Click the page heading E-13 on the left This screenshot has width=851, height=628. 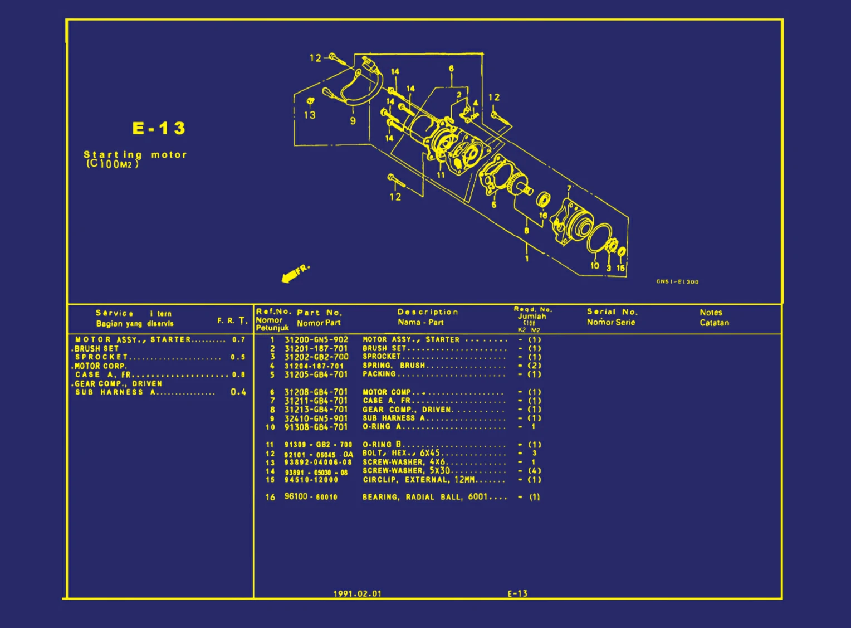coord(159,128)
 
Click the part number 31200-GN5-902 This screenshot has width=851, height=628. coord(316,339)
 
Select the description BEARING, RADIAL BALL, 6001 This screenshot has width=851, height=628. coord(424,496)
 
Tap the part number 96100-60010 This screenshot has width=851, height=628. coord(310,496)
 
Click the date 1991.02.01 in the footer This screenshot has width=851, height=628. coord(357,593)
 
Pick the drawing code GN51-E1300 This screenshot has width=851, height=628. coord(677,281)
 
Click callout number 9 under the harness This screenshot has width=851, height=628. coord(353,121)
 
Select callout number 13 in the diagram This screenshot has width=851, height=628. coord(310,115)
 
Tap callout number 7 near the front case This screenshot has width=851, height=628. coord(569,188)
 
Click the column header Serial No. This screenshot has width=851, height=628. coord(612,312)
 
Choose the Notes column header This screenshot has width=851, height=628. coord(711,313)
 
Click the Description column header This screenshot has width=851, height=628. coord(427,312)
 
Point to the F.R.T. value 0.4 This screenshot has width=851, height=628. coord(238,392)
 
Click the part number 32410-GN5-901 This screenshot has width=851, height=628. coord(316,418)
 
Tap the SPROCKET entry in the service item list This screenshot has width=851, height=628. coord(101,357)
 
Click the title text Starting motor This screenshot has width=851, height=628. coord(135,154)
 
